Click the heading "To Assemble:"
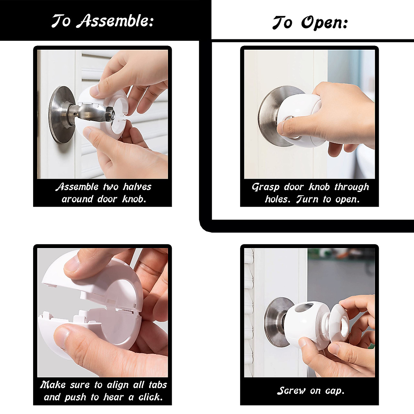(102, 21)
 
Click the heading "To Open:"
(310, 23)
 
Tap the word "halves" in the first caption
(137, 187)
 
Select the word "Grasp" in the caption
(265, 187)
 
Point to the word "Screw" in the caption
(292, 391)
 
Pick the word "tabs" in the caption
(158, 385)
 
